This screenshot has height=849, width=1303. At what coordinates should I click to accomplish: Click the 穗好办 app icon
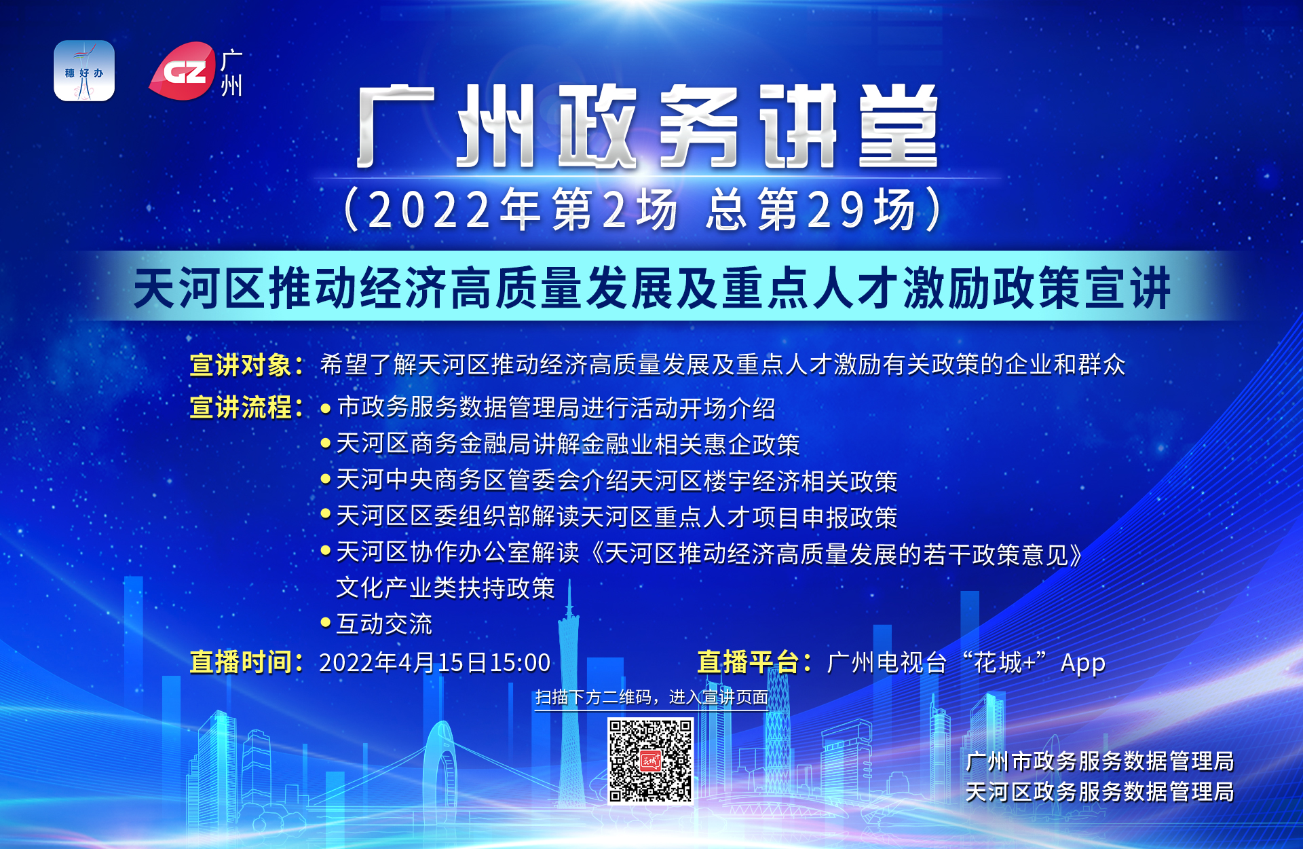click(x=84, y=71)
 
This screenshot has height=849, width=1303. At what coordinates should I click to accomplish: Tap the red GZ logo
click(x=183, y=71)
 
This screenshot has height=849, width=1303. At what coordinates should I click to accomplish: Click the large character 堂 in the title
click(x=897, y=127)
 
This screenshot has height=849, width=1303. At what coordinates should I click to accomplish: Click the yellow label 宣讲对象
click(x=241, y=365)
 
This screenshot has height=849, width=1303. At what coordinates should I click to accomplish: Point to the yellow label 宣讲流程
click(x=241, y=408)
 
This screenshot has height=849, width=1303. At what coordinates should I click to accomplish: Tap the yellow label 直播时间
click(x=241, y=662)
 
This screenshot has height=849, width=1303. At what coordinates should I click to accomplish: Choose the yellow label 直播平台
click(x=748, y=662)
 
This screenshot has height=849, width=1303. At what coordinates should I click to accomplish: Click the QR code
click(x=650, y=761)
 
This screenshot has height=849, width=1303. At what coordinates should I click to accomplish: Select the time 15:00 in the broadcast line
click(x=520, y=663)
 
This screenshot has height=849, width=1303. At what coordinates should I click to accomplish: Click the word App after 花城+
click(x=1083, y=663)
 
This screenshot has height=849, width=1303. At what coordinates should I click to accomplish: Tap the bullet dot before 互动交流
click(x=326, y=622)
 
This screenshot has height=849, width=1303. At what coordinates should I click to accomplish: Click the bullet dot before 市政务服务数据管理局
click(x=326, y=409)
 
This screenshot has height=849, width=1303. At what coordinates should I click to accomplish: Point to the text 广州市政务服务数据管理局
click(x=1099, y=761)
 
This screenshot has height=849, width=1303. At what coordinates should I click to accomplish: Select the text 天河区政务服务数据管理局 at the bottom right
click(x=1099, y=792)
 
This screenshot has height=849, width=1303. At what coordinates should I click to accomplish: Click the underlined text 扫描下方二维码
click(x=597, y=698)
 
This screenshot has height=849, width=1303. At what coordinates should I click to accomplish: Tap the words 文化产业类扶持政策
click(x=445, y=588)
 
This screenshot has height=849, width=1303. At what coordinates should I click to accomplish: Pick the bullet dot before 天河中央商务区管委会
click(x=326, y=479)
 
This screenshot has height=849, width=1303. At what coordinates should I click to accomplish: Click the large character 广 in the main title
click(x=396, y=127)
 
